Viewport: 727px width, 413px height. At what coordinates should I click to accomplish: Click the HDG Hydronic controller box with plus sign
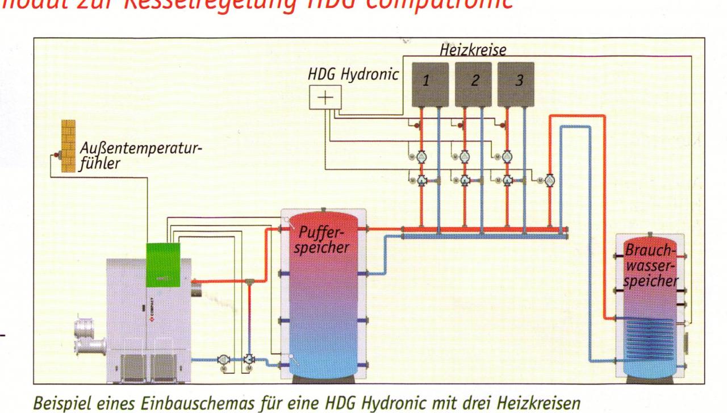click(x=324, y=98)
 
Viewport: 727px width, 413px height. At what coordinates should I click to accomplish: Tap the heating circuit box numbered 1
click(x=429, y=84)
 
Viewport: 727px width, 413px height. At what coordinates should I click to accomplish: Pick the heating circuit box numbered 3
click(x=516, y=84)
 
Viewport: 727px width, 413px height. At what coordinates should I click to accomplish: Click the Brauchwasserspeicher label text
click(x=651, y=265)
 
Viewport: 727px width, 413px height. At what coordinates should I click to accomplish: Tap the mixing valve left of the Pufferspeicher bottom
click(x=249, y=360)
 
